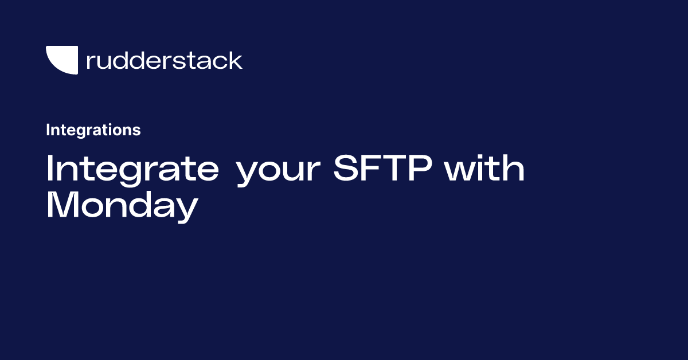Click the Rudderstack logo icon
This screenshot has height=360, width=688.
coord(63,59)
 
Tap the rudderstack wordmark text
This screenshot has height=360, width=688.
coord(165,60)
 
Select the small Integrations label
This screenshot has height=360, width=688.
coord(93,130)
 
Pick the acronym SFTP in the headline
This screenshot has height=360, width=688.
coord(383,168)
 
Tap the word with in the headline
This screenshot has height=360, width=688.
coord(484,168)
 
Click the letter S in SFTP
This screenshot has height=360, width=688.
coord(346,168)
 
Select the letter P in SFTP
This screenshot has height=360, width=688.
coord(420,168)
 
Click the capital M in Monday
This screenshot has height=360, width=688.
coord(61,204)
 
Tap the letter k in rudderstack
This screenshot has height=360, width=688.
coord(234,60)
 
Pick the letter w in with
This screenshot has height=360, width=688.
coord(462,171)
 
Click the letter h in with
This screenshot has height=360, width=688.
coord(514,168)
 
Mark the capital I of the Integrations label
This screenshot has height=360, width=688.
coord(48,130)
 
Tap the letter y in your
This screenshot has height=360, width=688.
coord(249,174)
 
